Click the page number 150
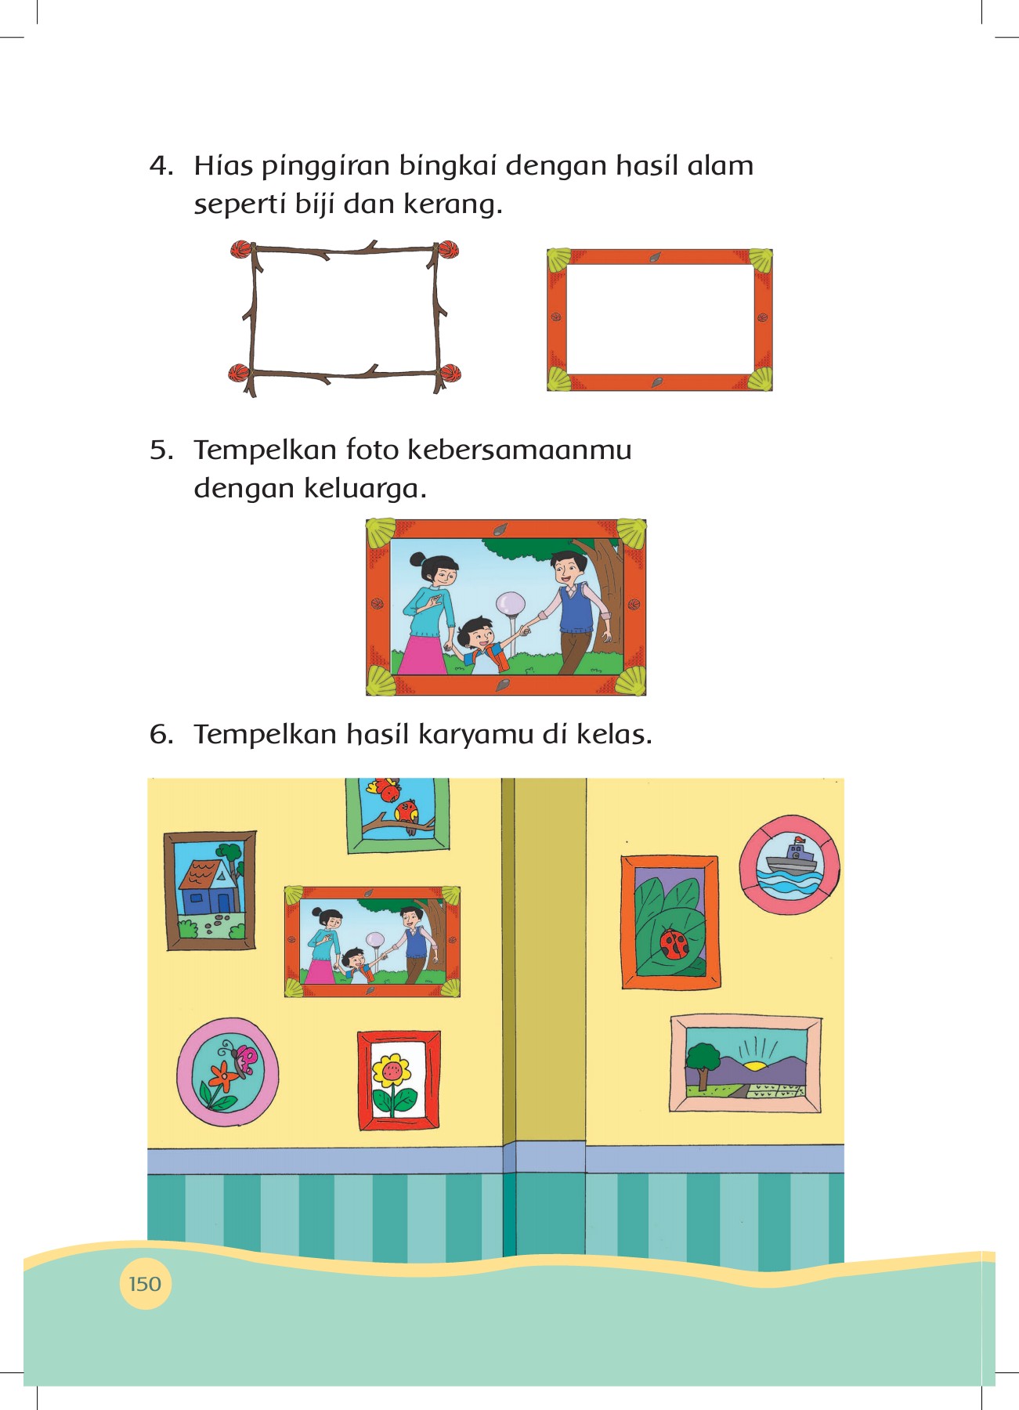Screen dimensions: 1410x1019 pyautogui.click(x=145, y=1284)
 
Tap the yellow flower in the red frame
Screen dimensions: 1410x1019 pyautogui.click(x=392, y=1069)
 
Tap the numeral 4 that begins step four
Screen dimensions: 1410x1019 pyautogui.click(x=161, y=166)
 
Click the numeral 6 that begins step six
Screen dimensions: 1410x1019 pyautogui.click(x=161, y=735)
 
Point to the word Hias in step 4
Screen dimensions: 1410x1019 pyautogui.click(x=223, y=166)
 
